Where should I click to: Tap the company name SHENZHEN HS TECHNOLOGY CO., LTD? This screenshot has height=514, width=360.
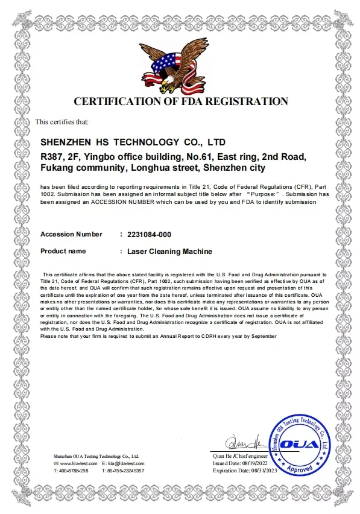132,142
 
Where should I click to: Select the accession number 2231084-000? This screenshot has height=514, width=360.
145,234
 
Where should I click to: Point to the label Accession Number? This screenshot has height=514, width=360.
71,234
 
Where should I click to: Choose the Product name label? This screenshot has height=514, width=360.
63,251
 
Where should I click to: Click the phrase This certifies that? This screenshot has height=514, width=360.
62,122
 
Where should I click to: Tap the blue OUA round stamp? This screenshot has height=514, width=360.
299,445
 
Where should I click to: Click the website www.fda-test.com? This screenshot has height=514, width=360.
75,463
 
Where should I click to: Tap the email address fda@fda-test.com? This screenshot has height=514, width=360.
125,463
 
